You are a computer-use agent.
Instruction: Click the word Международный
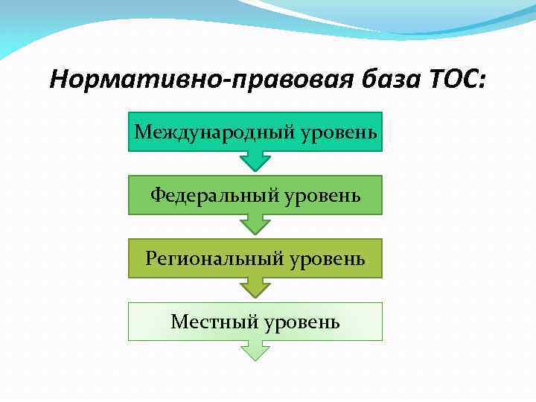click(x=216, y=132)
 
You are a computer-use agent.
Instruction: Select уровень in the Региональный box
click(x=328, y=258)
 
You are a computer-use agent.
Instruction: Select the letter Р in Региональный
click(x=151, y=258)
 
